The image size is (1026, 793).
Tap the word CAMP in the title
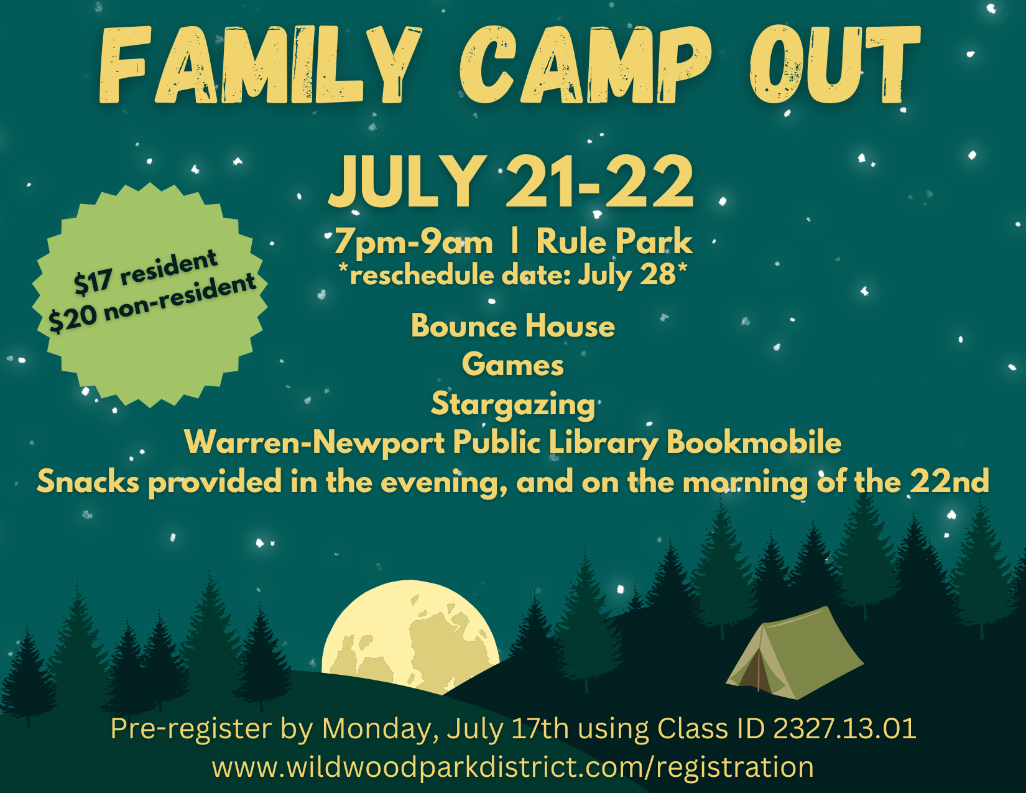click(586, 65)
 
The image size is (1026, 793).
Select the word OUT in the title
click(834, 65)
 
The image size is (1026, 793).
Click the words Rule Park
click(614, 241)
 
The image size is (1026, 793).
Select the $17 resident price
click(146, 272)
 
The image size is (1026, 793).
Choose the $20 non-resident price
click(152, 304)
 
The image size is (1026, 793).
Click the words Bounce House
click(513, 327)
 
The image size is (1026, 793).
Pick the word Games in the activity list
click(513, 364)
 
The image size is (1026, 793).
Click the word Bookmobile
click(754, 442)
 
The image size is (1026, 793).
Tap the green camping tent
click(795, 653)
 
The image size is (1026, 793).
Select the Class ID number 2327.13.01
click(844, 728)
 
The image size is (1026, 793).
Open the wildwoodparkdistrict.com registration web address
click(513, 767)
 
